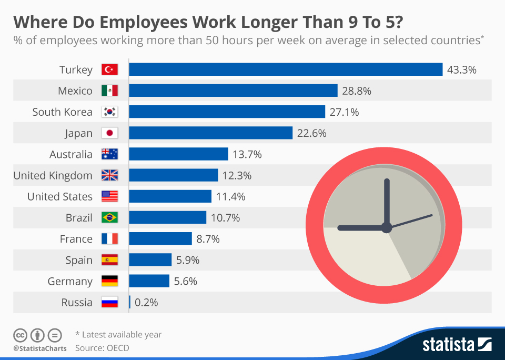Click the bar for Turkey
(x=286, y=69)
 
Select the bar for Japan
(x=210, y=133)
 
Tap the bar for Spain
(x=150, y=260)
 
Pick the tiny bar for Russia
(x=130, y=302)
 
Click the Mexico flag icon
(x=109, y=91)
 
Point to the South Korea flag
(x=109, y=112)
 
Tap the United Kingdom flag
(x=109, y=175)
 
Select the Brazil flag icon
(x=109, y=218)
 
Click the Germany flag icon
(x=109, y=281)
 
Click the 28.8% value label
(x=357, y=91)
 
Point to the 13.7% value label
(x=247, y=154)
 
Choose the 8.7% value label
(x=208, y=239)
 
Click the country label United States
(x=60, y=197)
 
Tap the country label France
(x=76, y=239)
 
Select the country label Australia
(x=71, y=154)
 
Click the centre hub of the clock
(x=387, y=228)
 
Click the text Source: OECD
(x=102, y=348)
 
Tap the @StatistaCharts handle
(x=40, y=348)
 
